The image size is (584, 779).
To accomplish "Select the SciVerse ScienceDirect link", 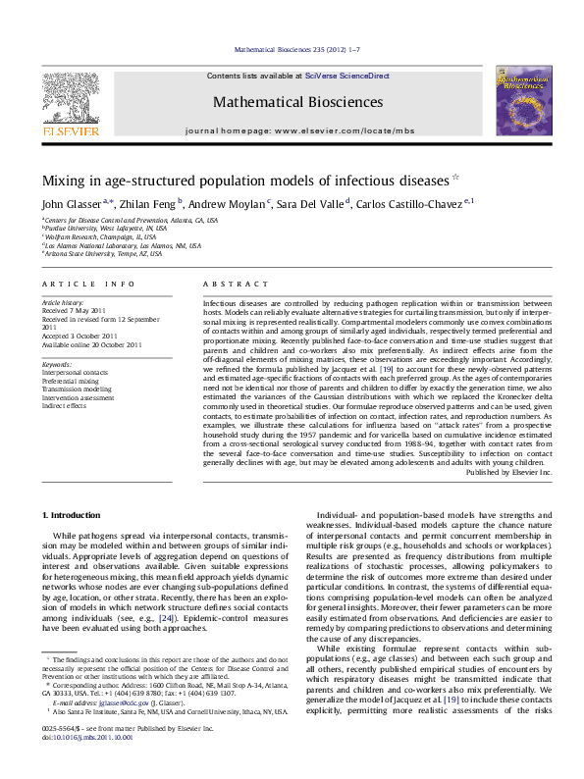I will (346, 76).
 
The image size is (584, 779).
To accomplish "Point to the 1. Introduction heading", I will (74, 514).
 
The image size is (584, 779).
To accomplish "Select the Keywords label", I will (57, 364).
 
